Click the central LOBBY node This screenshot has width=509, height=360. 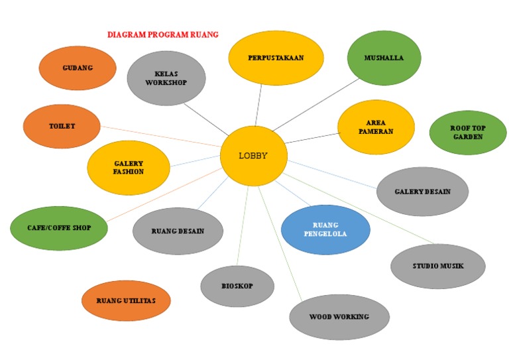pyautogui.click(x=253, y=156)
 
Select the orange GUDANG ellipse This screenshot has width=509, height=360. pyautogui.click(x=78, y=68)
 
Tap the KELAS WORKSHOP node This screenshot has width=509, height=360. pyautogui.click(x=166, y=78)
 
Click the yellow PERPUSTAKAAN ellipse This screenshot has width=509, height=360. pyautogui.click(x=276, y=58)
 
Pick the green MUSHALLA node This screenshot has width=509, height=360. pyautogui.click(x=384, y=58)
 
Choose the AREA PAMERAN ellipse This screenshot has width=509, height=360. pyautogui.click(x=376, y=127)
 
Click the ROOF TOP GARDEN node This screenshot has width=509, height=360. pyautogui.click(x=468, y=133)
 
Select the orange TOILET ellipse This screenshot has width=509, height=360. pyautogui.click(x=62, y=126)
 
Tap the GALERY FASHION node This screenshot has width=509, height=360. pyautogui.click(x=129, y=168)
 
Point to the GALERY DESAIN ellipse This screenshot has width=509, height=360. pyautogui.click(x=422, y=192)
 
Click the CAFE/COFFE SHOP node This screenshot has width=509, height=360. pyautogui.click(x=59, y=228)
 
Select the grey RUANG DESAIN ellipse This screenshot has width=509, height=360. pyautogui.click(x=178, y=231)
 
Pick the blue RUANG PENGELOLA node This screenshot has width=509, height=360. pyautogui.click(x=325, y=229)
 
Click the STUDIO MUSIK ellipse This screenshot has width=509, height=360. pyautogui.click(x=437, y=267)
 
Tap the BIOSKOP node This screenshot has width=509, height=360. pyautogui.click(x=237, y=286)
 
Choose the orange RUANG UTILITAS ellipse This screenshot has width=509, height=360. pyautogui.click(x=126, y=301)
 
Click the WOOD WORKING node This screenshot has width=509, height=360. pyautogui.click(x=339, y=317)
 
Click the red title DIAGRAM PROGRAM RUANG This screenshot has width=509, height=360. pyautogui.click(x=163, y=34)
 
